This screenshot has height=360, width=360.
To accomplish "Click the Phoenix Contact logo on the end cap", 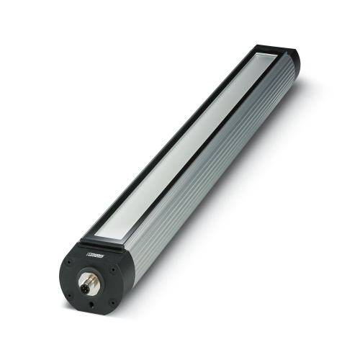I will click(95, 254).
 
